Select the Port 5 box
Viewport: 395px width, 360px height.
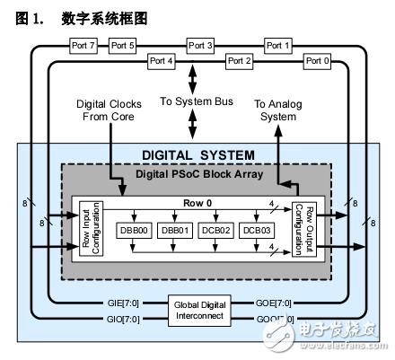(x=122, y=45)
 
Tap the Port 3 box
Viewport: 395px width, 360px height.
(x=200, y=45)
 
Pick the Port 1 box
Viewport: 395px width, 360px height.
(x=277, y=45)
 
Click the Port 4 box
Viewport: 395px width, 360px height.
(x=162, y=61)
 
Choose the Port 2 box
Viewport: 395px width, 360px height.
(x=239, y=61)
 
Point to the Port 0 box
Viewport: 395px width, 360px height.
(x=317, y=61)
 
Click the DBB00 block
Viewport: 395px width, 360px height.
(x=134, y=231)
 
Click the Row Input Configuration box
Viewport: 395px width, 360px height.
(x=88, y=230)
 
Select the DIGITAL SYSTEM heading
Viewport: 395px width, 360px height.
(x=198, y=155)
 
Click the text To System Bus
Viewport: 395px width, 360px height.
(x=199, y=102)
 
